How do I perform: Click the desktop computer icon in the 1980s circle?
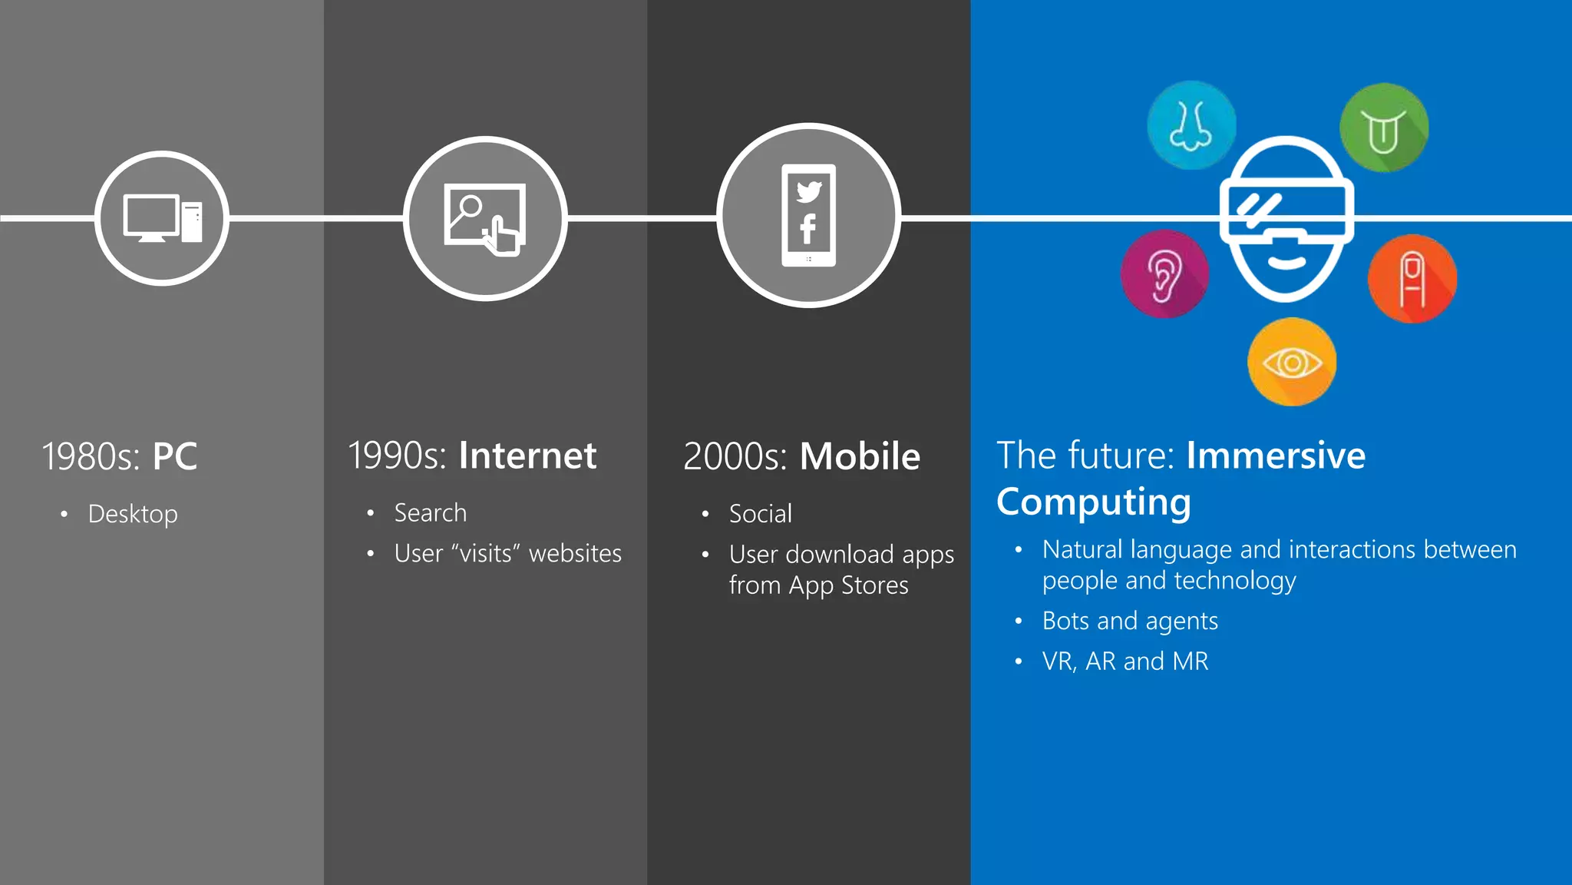point(162,218)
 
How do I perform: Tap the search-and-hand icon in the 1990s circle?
point(485,219)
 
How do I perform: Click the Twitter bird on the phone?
point(809,191)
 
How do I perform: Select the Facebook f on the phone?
point(807,229)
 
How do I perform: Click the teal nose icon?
point(1191,125)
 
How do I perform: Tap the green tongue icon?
point(1384,128)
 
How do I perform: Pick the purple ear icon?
point(1164,274)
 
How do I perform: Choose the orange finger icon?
point(1412,279)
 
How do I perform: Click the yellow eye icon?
point(1292,362)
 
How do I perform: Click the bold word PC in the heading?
point(175,456)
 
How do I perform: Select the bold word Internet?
point(527,456)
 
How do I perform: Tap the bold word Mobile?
point(860,456)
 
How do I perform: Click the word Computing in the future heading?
point(1094,502)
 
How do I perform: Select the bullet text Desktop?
point(133,514)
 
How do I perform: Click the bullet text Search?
point(430,512)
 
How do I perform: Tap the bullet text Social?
point(760,513)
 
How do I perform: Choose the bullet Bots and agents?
point(1130,621)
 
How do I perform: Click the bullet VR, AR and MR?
point(1125,661)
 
